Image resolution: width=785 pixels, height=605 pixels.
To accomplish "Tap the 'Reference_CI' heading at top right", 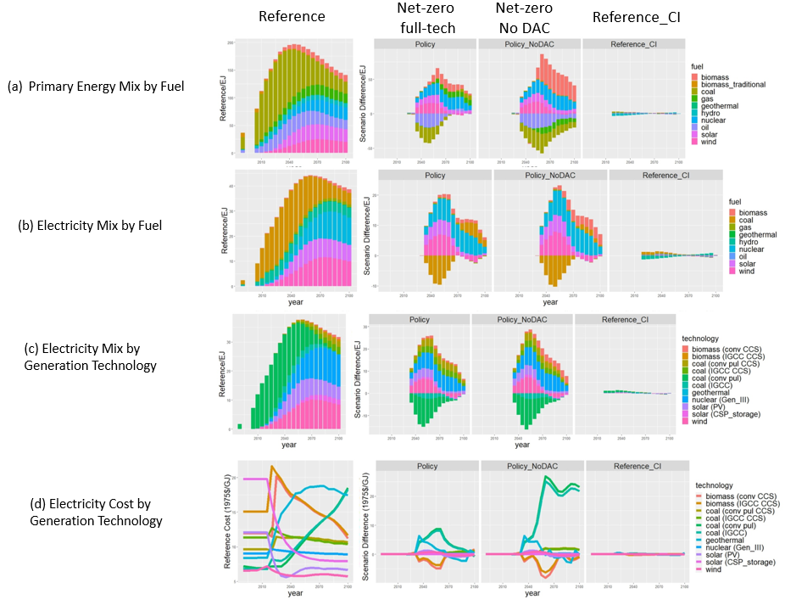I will [x=630, y=17].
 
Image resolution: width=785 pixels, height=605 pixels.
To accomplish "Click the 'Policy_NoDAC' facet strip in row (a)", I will [x=529, y=44].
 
